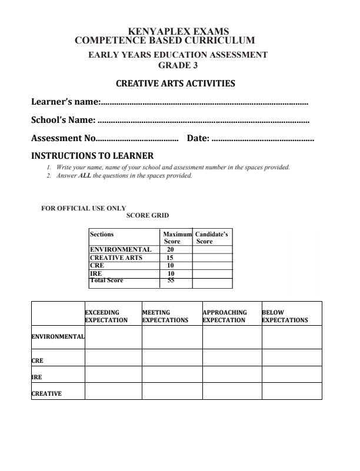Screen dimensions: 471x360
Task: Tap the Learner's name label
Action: [x=65, y=102]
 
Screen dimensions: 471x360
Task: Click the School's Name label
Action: [x=63, y=120]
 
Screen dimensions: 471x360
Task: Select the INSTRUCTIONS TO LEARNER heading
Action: [x=92, y=156]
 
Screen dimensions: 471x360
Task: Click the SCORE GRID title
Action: [x=148, y=215]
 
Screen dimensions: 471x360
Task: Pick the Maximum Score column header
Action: [x=176, y=238]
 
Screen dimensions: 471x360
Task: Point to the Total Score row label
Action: [x=106, y=281]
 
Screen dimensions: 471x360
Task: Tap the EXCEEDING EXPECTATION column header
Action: [x=106, y=316]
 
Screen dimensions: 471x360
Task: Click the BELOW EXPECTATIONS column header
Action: [x=285, y=316]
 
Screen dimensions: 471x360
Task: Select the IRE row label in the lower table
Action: [x=36, y=377]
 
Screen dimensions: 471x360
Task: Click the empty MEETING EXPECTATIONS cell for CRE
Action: [x=172, y=358]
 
